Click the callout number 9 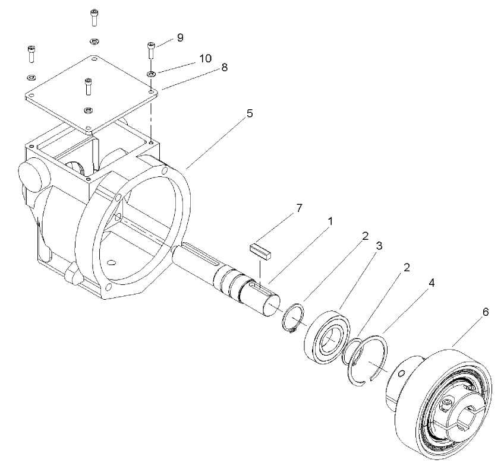tap(179, 37)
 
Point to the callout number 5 tap(250, 113)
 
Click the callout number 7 tap(300, 208)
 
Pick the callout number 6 tap(486, 312)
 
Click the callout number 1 tap(330, 221)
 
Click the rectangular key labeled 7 tap(261, 249)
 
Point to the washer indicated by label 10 tap(151, 74)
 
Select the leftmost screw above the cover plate tap(30, 53)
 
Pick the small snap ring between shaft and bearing tap(294, 319)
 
